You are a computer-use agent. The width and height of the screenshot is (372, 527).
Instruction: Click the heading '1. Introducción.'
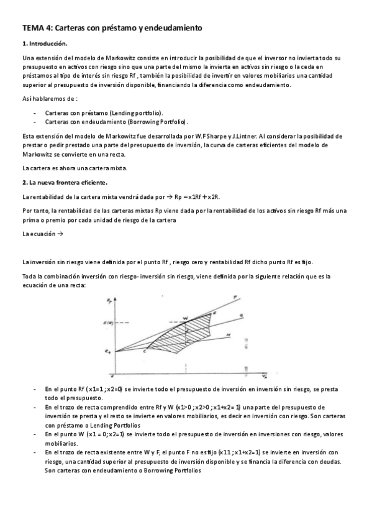tap(44, 44)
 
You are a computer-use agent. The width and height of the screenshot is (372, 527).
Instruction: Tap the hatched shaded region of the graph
tap(186, 336)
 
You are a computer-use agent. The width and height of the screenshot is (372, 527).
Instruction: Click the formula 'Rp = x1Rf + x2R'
tap(197, 196)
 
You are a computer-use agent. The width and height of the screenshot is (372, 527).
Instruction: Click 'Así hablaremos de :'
tap(49, 99)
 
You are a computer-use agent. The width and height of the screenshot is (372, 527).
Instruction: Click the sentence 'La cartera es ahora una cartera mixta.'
tap(74, 168)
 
